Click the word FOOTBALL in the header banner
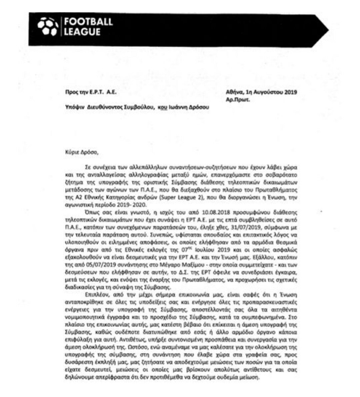tap(88, 22)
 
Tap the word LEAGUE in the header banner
tap(82, 32)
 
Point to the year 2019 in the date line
tap(290, 92)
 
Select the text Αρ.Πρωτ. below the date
tap(238, 99)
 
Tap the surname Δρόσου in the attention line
tap(199, 107)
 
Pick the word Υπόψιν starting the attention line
tap(75, 107)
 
